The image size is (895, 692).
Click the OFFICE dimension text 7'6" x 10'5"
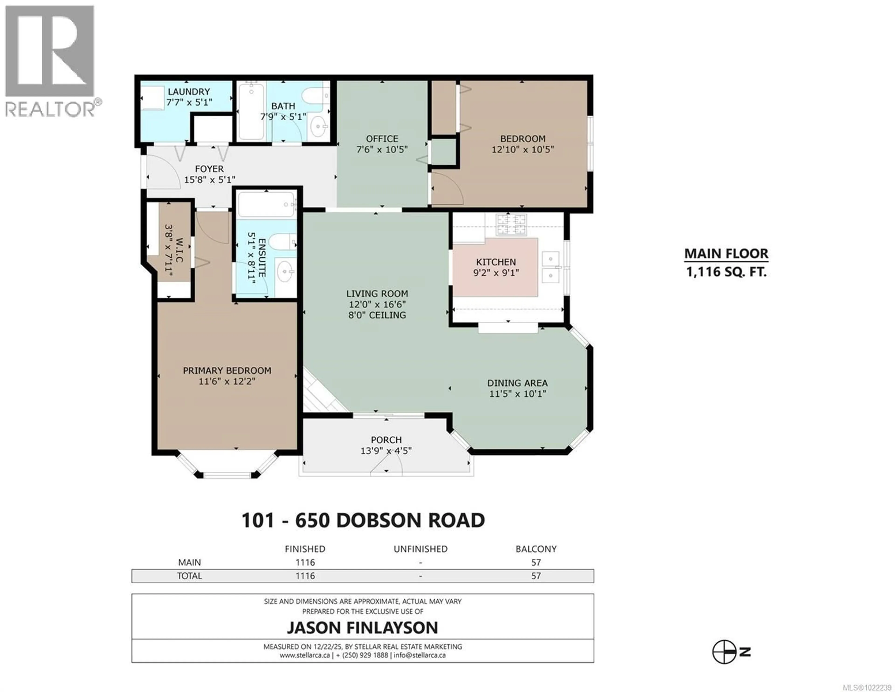pos(382,150)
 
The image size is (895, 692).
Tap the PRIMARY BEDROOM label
pos(227,370)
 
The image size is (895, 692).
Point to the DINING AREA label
pos(517,383)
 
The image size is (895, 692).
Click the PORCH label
pos(386,440)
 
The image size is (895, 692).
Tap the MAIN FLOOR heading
pos(726,254)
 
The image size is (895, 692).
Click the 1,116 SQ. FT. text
pos(726,272)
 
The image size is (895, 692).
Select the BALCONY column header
pos(536,549)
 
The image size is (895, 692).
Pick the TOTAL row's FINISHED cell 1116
pos(305,576)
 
